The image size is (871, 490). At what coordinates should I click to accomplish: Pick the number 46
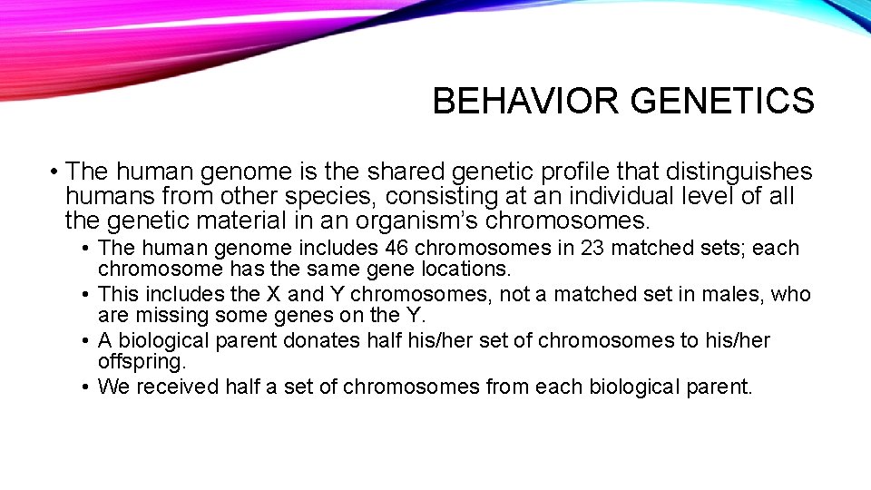[x=397, y=248]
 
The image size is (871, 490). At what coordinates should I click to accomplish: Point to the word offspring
[x=142, y=361]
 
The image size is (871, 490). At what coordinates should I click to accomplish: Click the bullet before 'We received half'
[x=83, y=387]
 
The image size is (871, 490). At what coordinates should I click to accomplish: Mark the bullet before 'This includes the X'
[x=83, y=294]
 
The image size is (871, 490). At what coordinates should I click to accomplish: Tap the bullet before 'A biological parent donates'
[x=83, y=340]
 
